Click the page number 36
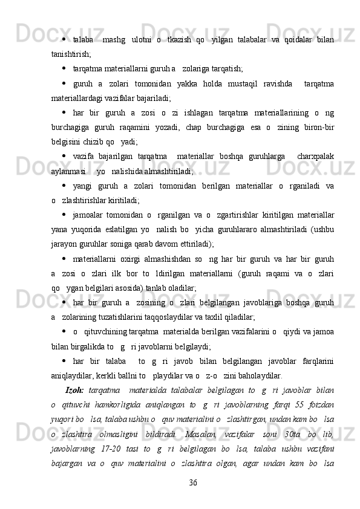193,482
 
